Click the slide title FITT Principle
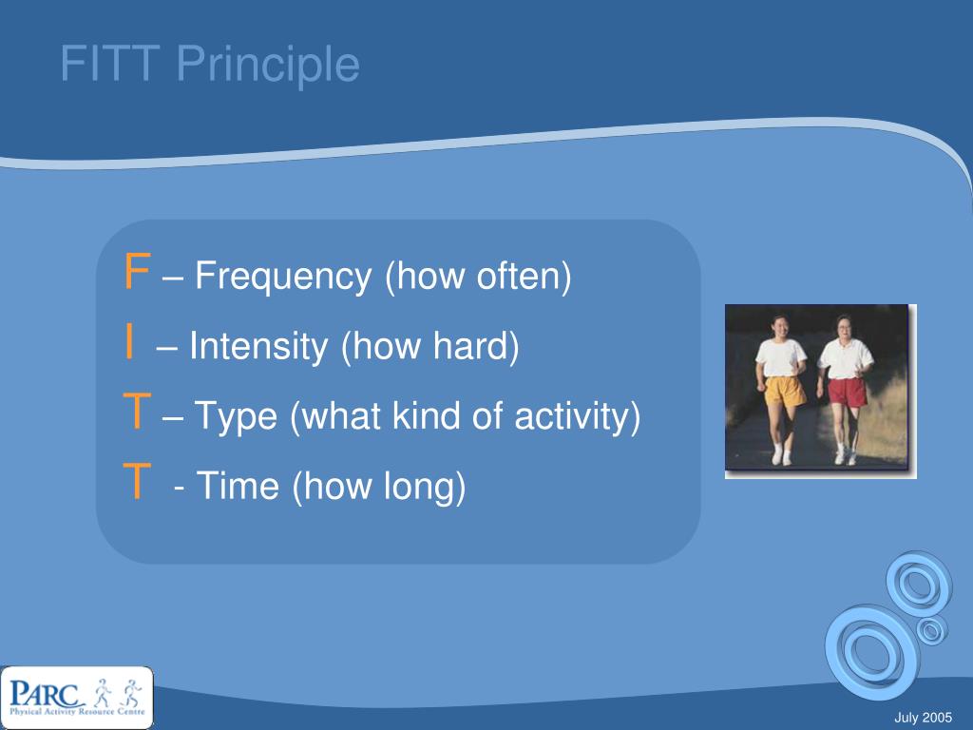(210, 65)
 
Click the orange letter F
(137, 274)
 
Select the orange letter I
(128, 344)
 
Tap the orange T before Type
(137, 413)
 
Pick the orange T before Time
(137, 484)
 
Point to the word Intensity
(258, 347)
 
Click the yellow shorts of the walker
(784, 390)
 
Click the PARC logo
(76, 697)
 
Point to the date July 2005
(925, 717)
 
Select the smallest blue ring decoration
(932, 629)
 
